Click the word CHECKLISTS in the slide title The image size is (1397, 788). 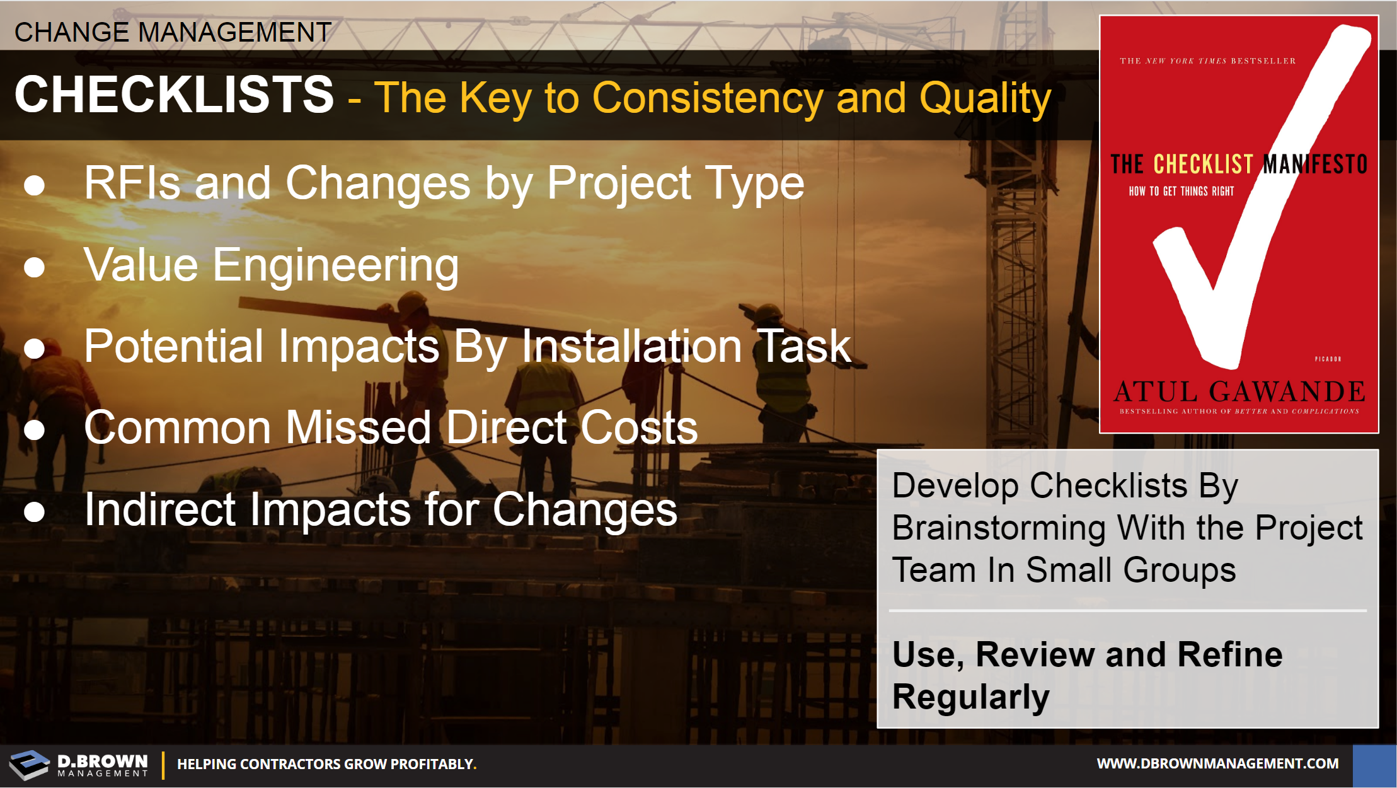(174, 95)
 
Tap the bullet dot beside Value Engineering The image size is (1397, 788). (34, 267)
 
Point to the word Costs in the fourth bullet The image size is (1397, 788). (639, 427)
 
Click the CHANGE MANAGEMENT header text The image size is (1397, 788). (173, 32)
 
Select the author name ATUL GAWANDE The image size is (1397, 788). (1239, 391)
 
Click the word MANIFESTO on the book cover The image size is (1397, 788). (1315, 164)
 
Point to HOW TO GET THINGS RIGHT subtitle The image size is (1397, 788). (1181, 191)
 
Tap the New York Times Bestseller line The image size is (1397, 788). (1207, 61)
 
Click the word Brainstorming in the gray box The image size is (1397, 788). (999, 528)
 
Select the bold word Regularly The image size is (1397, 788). (971, 697)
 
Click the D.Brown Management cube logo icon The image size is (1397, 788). (29, 764)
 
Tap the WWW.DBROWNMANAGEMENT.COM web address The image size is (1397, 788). (1217, 763)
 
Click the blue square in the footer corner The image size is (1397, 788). (1374, 765)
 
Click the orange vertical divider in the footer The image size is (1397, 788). (163, 765)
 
